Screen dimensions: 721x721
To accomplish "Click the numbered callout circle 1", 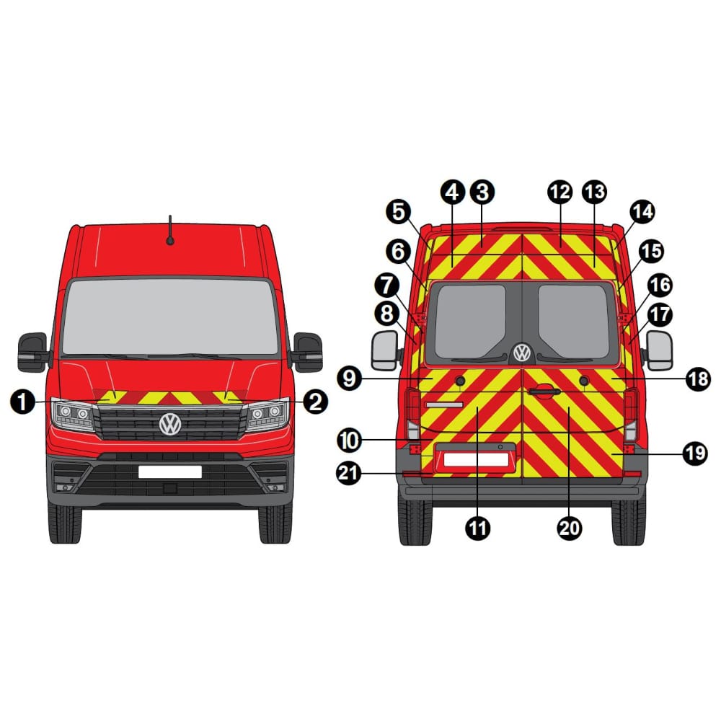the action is (22, 402).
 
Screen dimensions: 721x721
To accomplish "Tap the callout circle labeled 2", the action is (316, 402).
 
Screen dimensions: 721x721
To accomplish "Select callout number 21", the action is (349, 473).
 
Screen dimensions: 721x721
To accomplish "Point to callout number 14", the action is (642, 211).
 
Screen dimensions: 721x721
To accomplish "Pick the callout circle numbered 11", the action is (478, 528).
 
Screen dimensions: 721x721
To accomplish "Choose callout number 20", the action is (570, 528).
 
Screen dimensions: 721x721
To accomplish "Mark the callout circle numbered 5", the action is (399, 211).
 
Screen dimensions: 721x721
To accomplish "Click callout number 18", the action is (698, 379).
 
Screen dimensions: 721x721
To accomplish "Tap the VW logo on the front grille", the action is (170, 424).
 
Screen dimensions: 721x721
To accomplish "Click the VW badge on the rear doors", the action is (522, 353).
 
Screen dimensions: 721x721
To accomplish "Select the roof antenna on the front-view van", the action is (170, 230).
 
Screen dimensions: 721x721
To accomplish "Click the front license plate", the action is (170, 472).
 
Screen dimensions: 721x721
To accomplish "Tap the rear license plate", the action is (477, 459).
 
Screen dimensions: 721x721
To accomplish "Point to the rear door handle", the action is (544, 392).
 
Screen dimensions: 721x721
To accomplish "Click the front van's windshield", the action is (170, 317).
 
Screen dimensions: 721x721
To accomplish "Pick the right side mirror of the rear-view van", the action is (660, 350).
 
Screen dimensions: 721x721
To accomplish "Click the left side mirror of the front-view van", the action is (32, 352).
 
